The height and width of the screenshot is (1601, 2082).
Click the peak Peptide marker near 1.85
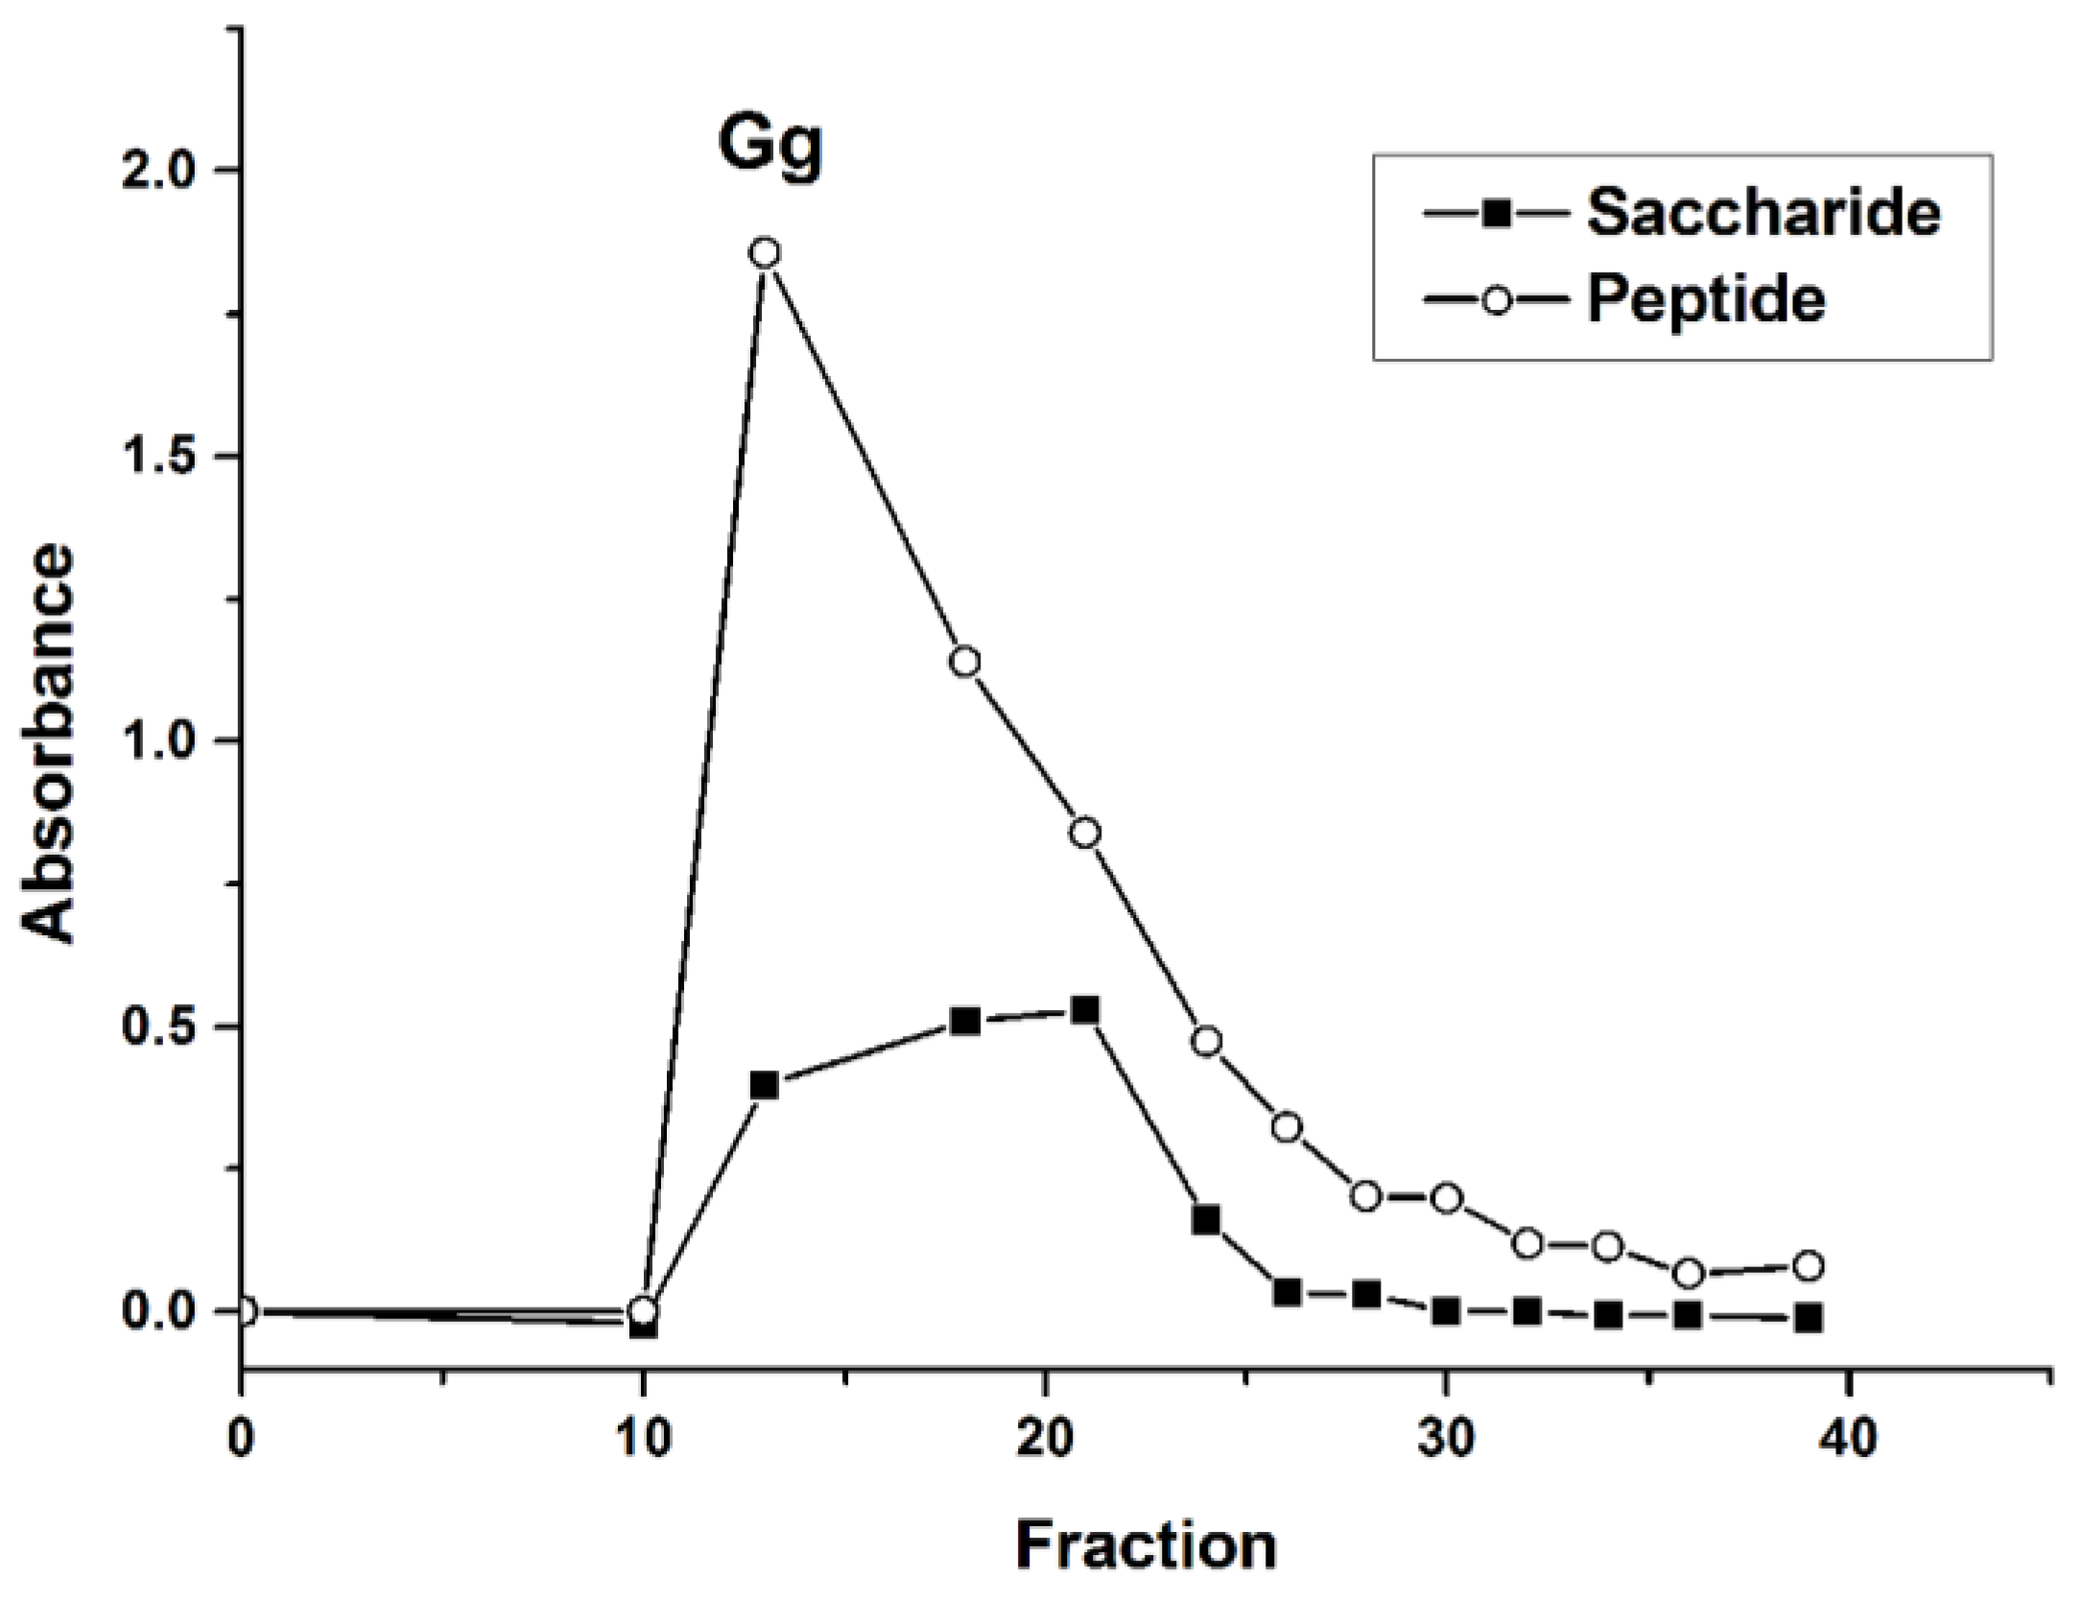(x=765, y=253)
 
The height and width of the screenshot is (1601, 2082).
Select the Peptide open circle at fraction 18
(x=965, y=662)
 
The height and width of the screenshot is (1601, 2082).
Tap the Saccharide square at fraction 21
(x=1085, y=1010)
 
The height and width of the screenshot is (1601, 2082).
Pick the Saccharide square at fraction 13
(x=765, y=1086)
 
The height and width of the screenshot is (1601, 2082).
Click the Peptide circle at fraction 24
(x=1207, y=1042)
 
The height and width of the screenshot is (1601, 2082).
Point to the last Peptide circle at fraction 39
(x=1809, y=1266)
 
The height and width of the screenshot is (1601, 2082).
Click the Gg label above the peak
(x=770, y=145)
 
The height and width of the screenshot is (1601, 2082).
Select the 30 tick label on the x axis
(x=1446, y=1440)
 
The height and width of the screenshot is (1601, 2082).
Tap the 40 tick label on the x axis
(x=1847, y=1440)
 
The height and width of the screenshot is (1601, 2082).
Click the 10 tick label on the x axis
(x=643, y=1440)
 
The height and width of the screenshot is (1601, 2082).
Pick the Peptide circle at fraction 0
(x=243, y=1311)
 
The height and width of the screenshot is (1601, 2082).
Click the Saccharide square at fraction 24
(x=1207, y=1221)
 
